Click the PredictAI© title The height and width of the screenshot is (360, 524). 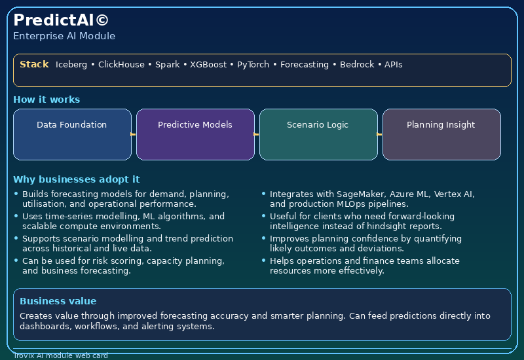coord(61,20)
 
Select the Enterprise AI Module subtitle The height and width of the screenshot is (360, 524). coord(64,36)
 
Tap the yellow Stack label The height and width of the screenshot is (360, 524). coord(34,64)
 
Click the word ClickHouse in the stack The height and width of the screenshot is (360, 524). coord(121,64)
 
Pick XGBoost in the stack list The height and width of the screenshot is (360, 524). coord(208,64)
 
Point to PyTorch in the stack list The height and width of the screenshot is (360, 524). coord(253,65)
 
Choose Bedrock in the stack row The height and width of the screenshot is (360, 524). coord(357,64)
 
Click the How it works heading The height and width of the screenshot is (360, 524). coord(47,99)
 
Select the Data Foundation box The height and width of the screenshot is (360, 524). coord(72,135)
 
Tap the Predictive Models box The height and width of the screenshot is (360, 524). coord(195,135)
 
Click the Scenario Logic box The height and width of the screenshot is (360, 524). coord(318,135)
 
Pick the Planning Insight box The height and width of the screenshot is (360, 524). coord(441,135)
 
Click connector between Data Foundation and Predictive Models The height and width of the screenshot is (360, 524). coord(134,134)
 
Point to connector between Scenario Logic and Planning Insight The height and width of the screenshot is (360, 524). coord(380,134)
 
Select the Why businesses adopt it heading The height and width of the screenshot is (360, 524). coord(76,179)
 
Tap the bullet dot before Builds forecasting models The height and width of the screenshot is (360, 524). coord(16,193)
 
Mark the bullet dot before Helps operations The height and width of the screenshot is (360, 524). coord(264,260)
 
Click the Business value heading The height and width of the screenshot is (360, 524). coord(58,301)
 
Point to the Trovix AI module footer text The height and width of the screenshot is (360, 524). coord(61,355)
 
